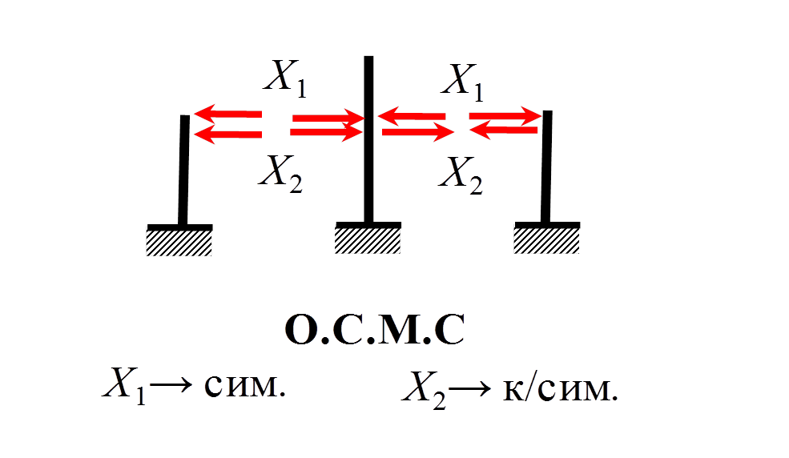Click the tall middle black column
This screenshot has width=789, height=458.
[x=368, y=140]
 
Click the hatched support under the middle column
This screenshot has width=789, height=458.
[x=368, y=239]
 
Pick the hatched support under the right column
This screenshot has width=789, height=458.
[x=547, y=239]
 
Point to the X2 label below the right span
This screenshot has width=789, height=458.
[x=461, y=175]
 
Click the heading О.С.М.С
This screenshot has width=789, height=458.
[x=375, y=331]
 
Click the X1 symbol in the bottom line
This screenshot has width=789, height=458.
[x=124, y=387]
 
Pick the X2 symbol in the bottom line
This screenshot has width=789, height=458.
[x=425, y=390]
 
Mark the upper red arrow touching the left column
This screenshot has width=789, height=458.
[x=227, y=114]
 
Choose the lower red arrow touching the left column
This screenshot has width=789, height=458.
[x=227, y=135]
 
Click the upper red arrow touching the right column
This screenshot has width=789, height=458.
[x=505, y=117]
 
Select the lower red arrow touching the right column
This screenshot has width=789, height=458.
[x=505, y=130]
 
